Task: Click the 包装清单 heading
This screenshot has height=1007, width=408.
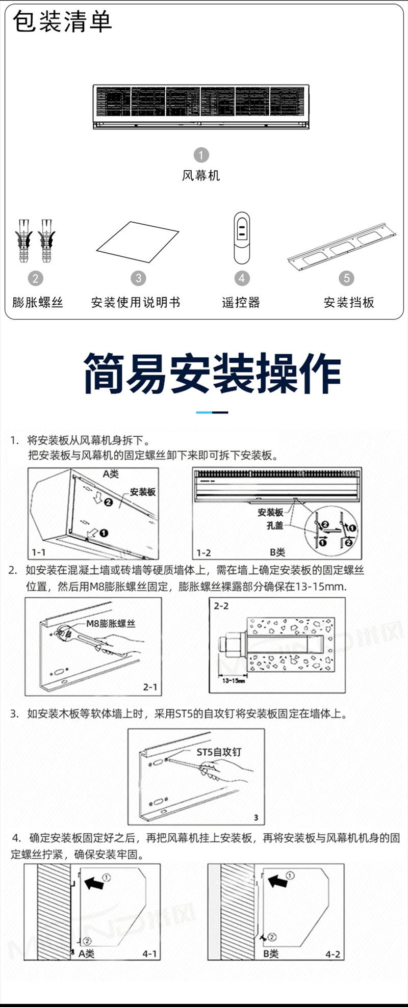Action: pos(62,22)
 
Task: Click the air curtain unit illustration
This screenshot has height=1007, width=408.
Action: pos(201,107)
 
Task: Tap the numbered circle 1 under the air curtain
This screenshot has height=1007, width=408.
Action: pos(201,155)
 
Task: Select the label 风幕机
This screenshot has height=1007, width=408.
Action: pos(201,176)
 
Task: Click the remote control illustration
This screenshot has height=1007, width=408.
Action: pos(242,238)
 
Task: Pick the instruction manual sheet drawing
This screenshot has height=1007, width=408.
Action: pos(137,243)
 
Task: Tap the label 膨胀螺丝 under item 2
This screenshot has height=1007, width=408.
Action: pos(38,302)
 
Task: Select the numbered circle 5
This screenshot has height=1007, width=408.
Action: pos(346,278)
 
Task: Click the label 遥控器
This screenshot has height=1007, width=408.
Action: pos(241,302)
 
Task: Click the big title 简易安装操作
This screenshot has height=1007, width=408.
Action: pos(212,374)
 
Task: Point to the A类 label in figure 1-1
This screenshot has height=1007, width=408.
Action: pos(111,474)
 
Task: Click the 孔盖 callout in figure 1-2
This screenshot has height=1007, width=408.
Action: pos(275,525)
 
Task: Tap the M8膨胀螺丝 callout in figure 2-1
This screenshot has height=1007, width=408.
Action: pos(111,623)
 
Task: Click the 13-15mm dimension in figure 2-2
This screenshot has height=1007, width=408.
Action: pos(234,680)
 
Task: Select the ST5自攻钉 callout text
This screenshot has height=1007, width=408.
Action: pos(219,752)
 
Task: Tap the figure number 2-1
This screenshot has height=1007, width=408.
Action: pos(150,687)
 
